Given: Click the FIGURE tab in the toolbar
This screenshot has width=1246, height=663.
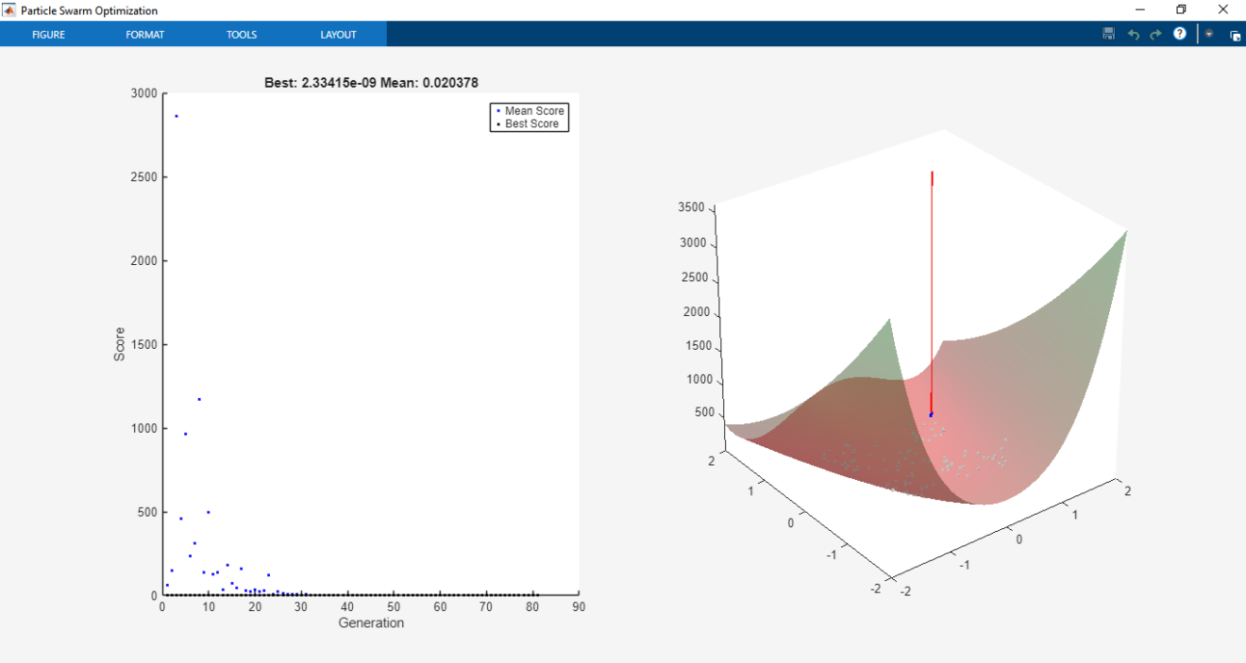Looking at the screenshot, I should coord(48,35).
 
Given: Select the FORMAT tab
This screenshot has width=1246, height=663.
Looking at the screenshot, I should coord(144,35).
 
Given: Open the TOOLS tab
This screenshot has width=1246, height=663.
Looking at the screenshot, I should coord(241,35).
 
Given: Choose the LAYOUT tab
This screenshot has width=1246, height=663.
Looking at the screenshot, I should coord(338,35).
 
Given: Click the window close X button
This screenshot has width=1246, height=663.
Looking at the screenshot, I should coord(1222,9).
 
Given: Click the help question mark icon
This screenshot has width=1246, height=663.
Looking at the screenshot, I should coord(1179,34).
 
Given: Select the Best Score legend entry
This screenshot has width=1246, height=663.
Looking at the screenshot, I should coord(531,124).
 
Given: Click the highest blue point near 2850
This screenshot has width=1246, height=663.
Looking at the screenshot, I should coord(177,116).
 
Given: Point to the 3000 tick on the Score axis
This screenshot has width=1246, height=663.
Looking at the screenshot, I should coord(144,93).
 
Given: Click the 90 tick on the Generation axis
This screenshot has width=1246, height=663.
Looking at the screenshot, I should coord(579,607).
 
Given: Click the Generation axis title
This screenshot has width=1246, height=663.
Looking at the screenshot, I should coord(371,622).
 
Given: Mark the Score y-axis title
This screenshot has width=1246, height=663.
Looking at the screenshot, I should coord(119,344).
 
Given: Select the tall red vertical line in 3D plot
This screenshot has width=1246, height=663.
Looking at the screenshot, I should coord(932,283).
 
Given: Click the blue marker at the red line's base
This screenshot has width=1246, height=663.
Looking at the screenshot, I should coord(931,415).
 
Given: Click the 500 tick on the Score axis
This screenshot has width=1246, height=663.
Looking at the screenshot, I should coord(147,512).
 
